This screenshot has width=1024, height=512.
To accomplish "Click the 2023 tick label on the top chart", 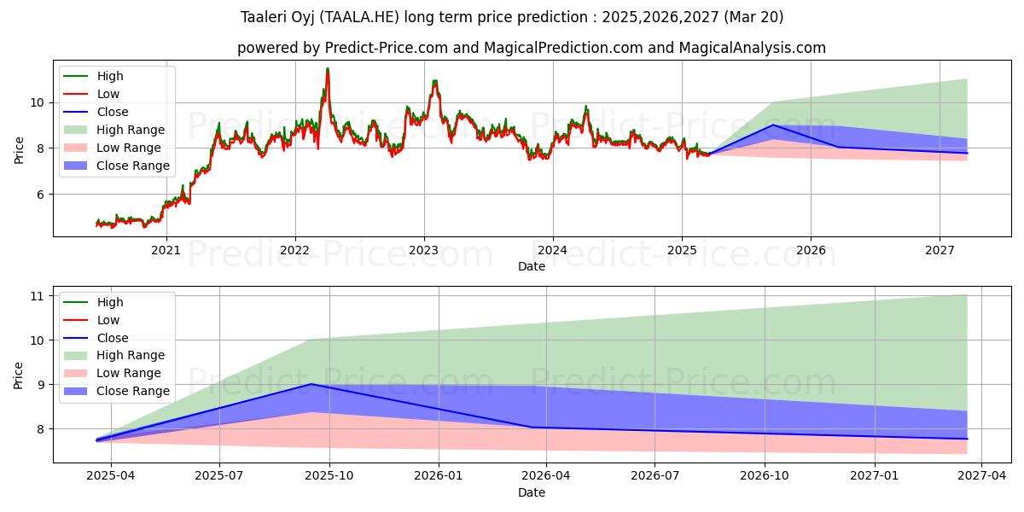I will point(424,250).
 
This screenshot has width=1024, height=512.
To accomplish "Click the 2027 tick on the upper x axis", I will point(940,250).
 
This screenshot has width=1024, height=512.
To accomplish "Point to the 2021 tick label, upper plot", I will point(166,250).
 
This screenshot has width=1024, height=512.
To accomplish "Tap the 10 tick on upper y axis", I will point(38,102).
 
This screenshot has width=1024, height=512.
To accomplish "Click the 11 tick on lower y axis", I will point(38,296).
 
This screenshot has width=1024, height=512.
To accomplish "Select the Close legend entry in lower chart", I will point(113,338).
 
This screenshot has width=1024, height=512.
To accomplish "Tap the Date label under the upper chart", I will point(531,266).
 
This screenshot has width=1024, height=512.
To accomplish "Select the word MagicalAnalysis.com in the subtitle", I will point(750,48).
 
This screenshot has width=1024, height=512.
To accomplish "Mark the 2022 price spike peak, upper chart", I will point(327,69).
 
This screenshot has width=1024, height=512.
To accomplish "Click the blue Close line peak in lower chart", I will point(311,384).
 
